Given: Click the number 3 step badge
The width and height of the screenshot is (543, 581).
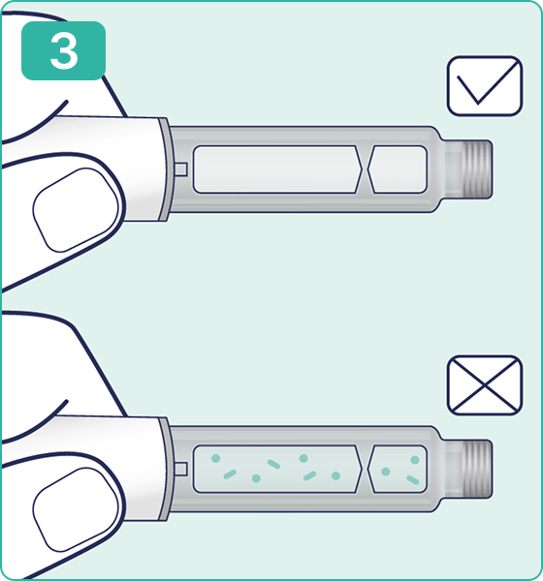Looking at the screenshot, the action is coord(63,50).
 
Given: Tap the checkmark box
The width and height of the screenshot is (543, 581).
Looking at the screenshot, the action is coord(485,86).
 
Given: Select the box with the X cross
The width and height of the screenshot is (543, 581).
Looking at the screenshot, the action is coord(485,385).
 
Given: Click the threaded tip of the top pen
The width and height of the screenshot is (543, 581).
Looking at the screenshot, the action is coord(475,169).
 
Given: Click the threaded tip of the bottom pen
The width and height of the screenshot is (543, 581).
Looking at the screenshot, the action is coord(475,469).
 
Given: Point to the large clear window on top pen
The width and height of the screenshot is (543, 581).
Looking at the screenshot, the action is coord(277,169).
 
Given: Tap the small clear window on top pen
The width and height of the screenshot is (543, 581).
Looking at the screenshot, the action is coord(398,169).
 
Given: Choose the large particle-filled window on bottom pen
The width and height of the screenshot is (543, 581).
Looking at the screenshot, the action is coord(277,469).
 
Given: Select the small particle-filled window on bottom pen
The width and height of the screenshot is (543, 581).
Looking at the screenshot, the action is coord(398,469).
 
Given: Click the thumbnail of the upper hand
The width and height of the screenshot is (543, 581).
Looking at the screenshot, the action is coord(76,210).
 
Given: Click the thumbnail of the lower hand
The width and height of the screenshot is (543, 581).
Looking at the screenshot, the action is coord(76,509).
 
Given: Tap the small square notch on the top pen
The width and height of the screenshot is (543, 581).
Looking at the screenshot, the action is coord(180,169).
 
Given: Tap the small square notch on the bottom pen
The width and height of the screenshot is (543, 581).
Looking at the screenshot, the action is coord(180,469).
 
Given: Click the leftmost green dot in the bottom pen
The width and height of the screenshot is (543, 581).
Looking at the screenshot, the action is coord(215,459).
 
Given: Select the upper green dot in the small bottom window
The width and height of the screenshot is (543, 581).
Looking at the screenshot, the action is coord(415,460).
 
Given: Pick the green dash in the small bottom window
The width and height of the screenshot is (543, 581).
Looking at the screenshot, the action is coord(413,480).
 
